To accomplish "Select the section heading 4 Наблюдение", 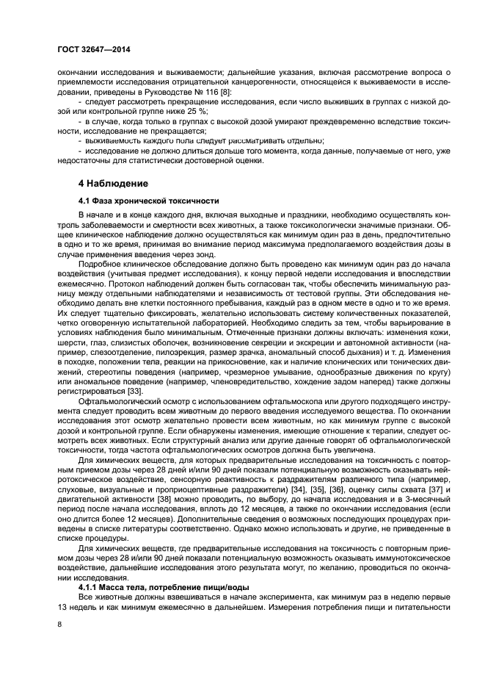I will click(113, 183).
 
